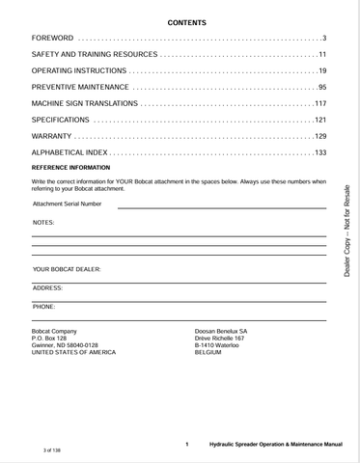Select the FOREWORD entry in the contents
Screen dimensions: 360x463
pos(53,37)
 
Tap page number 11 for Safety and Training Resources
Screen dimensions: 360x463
pos(322,54)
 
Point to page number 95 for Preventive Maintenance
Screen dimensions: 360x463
pos(322,87)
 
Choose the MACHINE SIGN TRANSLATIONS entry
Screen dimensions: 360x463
pos(88,103)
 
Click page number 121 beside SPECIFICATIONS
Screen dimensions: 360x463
pos(320,120)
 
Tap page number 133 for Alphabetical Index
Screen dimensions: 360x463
pos(320,152)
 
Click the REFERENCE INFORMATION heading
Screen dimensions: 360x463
pos(71,167)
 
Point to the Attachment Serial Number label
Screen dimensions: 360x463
pos(67,204)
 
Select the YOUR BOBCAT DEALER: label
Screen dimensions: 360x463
pos(67,269)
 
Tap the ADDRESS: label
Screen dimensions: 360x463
pos(48,287)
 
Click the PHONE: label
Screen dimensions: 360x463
pos(44,306)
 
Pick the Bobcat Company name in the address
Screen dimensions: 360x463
pos(55,331)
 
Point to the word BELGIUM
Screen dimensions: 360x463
pos(210,352)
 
